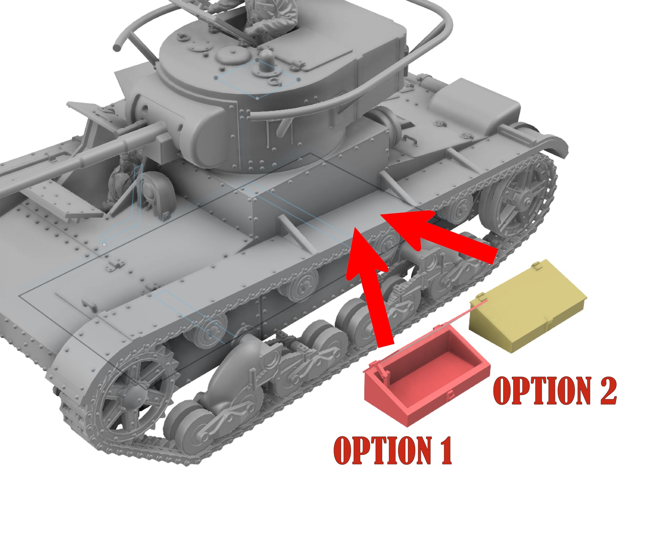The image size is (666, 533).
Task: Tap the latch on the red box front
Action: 450,395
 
